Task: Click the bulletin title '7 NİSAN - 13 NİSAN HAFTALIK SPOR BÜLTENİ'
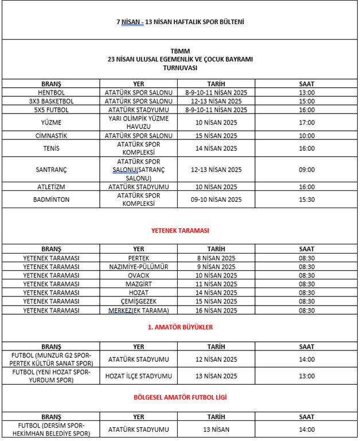[180, 22]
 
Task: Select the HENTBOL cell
[51, 92]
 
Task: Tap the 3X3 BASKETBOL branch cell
[51, 101]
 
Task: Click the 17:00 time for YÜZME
[307, 122]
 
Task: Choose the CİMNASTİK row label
[51, 135]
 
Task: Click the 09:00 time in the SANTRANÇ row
[307, 170]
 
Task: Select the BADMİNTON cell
[51, 199]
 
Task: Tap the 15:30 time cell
[307, 199]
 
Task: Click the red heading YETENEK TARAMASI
[180, 230]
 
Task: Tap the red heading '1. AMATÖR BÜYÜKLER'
[180, 327]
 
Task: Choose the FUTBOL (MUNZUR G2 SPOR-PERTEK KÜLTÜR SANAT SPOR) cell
[51, 360]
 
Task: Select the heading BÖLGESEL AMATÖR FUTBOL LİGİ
[180, 396]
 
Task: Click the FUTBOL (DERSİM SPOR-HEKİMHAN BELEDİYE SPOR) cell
[51, 429]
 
